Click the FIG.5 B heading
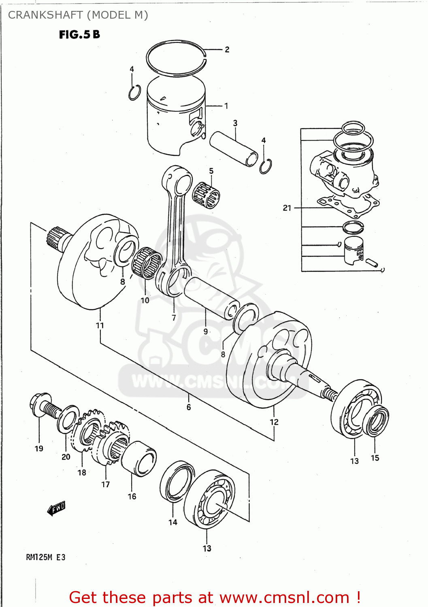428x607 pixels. pyautogui.click(x=79, y=35)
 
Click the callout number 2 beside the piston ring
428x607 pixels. pyautogui.click(x=227, y=49)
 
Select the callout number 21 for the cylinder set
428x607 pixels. pyautogui.click(x=287, y=208)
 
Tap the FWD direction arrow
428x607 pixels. pyautogui.click(x=57, y=508)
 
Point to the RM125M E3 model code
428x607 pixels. pyautogui.click(x=45, y=557)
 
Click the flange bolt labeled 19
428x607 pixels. pyautogui.click(x=43, y=406)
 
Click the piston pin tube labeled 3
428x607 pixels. pyautogui.click(x=234, y=149)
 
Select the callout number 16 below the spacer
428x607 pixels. pyautogui.click(x=132, y=497)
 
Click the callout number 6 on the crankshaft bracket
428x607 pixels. pyautogui.click(x=189, y=407)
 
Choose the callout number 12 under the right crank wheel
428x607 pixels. pyautogui.click(x=274, y=422)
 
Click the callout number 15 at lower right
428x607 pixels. pyautogui.click(x=375, y=458)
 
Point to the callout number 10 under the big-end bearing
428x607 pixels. pyautogui.click(x=145, y=300)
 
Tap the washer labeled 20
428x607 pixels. pyautogui.click(x=68, y=419)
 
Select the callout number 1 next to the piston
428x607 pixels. pyautogui.click(x=226, y=106)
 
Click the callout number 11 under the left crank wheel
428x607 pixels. pyautogui.click(x=100, y=325)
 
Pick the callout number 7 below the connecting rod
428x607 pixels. pyautogui.click(x=174, y=318)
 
